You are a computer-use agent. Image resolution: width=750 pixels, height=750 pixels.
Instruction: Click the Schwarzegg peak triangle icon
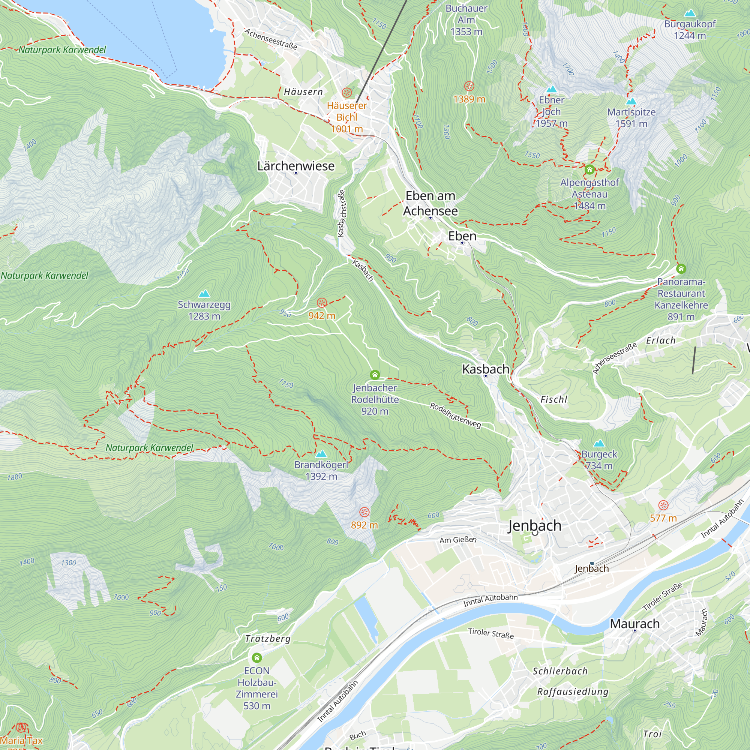204,294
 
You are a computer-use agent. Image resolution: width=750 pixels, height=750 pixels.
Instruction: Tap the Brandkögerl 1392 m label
321,470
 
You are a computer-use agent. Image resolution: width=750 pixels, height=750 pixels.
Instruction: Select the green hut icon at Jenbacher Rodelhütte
375,375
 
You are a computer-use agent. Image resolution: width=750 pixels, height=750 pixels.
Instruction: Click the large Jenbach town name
534,525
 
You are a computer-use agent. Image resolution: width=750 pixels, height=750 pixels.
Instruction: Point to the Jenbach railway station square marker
592,563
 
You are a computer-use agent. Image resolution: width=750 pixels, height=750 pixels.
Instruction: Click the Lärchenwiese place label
296,166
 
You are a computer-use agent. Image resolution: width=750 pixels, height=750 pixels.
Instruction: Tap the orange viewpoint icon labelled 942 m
322,303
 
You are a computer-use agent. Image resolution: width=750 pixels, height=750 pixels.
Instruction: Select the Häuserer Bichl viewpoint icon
346,93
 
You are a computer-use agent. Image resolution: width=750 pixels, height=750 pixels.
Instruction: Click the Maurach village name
635,624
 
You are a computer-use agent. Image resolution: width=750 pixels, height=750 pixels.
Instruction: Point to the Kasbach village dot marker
485,376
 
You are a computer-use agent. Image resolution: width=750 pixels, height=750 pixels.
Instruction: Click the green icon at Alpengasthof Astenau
589,169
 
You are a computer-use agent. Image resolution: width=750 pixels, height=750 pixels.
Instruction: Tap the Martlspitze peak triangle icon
631,101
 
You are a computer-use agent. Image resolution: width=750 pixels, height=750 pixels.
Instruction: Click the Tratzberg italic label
267,639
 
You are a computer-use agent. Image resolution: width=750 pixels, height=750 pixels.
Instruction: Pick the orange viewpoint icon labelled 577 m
663,505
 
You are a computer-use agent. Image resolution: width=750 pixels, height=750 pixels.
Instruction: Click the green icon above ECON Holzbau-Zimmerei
256,658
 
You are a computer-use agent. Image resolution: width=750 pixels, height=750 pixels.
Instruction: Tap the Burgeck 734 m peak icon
599,443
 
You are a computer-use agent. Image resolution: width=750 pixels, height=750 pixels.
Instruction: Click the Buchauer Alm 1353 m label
466,20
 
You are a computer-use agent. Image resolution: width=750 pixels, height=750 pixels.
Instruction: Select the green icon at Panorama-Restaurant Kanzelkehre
681,268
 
